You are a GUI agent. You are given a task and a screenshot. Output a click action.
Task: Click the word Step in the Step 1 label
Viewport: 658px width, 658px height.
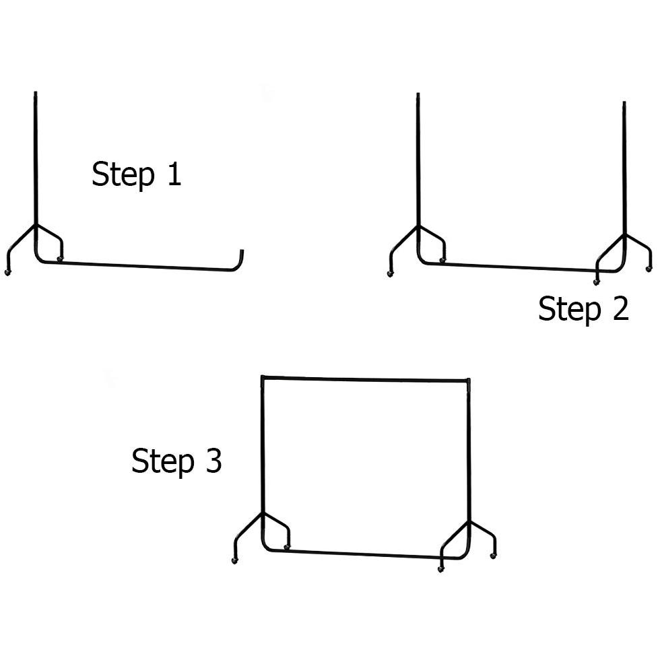[x=123, y=174]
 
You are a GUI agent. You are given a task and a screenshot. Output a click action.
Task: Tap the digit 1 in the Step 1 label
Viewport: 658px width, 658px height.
[x=174, y=173]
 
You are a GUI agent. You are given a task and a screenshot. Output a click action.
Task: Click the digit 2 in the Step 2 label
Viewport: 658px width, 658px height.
[x=621, y=308]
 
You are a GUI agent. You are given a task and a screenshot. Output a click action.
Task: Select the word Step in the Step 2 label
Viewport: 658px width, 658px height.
[x=570, y=310]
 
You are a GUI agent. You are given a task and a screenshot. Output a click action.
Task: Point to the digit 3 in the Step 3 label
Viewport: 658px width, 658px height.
[x=213, y=461]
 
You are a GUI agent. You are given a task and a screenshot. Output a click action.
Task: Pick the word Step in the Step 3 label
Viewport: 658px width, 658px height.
[x=163, y=462]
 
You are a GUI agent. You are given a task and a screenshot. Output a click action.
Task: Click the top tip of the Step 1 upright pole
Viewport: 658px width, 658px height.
[x=36, y=92]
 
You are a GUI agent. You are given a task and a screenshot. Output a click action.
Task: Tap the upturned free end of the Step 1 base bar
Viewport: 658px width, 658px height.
[x=242, y=251]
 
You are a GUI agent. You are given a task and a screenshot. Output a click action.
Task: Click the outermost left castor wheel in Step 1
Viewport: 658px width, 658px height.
[x=7, y=273]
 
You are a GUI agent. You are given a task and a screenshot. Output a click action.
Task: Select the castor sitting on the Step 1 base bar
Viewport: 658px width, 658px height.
[x=60, y=259]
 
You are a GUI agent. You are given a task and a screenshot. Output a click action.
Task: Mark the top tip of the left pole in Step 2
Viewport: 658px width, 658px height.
[x=418, y=94]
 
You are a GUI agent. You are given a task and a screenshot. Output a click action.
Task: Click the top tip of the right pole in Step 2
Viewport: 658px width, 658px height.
[x=624, y=102]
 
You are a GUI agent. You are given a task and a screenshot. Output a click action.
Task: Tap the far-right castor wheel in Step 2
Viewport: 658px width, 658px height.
[x=649, y=268]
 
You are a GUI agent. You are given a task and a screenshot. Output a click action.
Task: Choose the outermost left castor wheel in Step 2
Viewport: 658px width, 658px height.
[x=390, y=273]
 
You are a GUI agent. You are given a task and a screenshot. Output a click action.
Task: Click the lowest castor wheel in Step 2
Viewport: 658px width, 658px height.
[x=596, y=282]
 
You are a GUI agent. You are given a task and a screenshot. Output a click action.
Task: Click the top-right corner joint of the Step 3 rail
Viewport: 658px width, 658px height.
[x=468, y=381]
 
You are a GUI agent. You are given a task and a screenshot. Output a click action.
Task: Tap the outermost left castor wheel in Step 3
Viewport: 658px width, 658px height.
[x=234, y=560]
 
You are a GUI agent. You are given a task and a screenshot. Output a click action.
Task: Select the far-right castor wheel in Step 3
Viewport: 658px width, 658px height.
[x=493, y=556]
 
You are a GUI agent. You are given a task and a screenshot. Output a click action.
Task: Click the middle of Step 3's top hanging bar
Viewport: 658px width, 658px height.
[x=366, y=379]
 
